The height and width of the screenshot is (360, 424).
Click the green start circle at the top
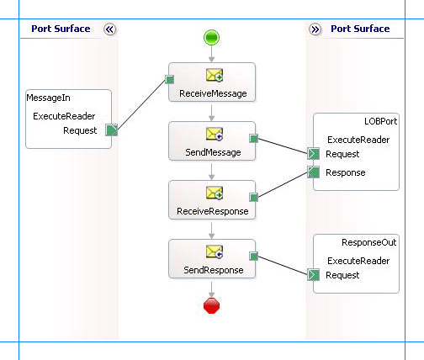point(212,37)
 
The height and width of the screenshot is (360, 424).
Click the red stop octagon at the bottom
point(212,305)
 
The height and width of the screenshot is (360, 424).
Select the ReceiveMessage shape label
point(213,93)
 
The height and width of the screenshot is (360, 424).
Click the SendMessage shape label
point(213,152)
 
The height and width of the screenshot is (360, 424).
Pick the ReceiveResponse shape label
point(213,211)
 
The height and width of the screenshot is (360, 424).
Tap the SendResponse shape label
point(213,270)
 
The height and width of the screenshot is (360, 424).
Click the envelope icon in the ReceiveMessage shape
point(214,76)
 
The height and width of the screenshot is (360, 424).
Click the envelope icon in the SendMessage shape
point(214,135)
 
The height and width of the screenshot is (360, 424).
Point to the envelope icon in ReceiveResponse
point(214,193)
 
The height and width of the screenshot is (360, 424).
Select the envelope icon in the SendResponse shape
point(214,252)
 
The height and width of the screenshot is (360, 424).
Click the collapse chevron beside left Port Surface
point(109,29)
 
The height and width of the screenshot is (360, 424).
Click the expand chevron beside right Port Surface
point(315,29)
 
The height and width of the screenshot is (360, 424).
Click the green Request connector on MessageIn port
point(111,130)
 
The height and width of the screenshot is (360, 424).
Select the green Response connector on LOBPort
point(313,172)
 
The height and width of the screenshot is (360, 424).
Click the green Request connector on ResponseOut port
point(313,275)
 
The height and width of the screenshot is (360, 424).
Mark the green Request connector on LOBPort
point(313,154)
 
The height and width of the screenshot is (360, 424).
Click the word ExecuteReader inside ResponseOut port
point(358,261)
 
